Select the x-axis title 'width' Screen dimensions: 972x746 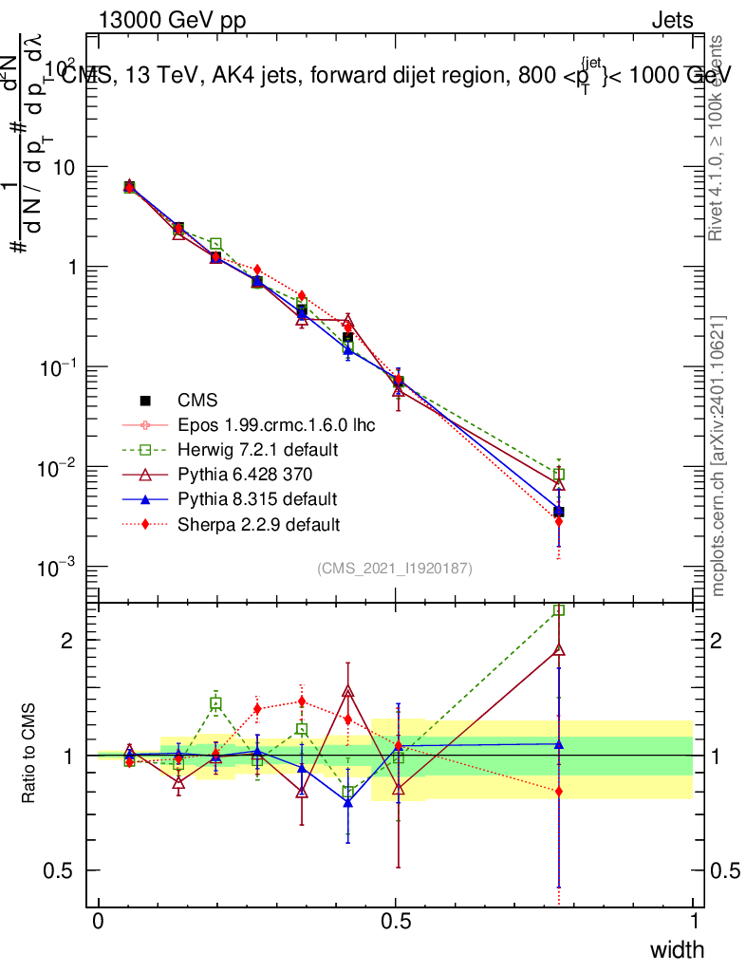[676, 949]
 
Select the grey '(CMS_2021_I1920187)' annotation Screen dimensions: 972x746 [395, 568]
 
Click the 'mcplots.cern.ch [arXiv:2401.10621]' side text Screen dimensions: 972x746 [718, 456]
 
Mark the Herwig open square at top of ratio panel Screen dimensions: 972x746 [559, 610]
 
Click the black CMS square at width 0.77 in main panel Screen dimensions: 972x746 [559, 512]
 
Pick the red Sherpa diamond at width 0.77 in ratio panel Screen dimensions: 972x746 [559, 791]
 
